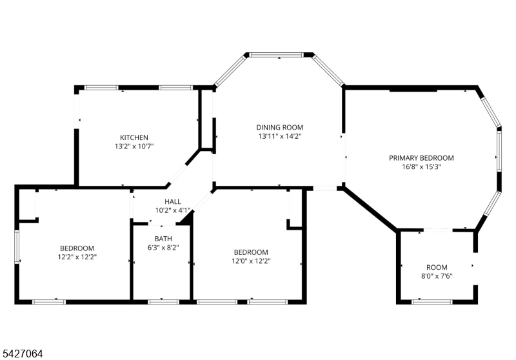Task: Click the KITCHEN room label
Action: [134, 137]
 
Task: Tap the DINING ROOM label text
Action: [280, 127]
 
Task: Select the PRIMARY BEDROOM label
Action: [421, 158]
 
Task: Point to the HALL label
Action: [173, 201]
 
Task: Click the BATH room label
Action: [163, 239]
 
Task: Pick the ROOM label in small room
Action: [437, 267]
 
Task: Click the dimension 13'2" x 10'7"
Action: [134, 146]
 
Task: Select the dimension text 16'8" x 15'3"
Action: [421, 166]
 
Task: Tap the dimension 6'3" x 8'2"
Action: [163, 248]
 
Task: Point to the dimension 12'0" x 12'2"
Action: [251, 261]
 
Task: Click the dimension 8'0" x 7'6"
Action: [437, 276]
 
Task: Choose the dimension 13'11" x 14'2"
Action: [280, 136]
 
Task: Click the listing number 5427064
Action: [23, 354]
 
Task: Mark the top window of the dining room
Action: [276, 55]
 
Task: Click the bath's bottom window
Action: [163, 302]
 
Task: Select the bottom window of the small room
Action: [432, 302]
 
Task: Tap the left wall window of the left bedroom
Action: [17, 246]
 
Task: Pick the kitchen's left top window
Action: [101, 88]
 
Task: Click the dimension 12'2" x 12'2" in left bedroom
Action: [77, 257]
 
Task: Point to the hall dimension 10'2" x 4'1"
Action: [173, 210]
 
